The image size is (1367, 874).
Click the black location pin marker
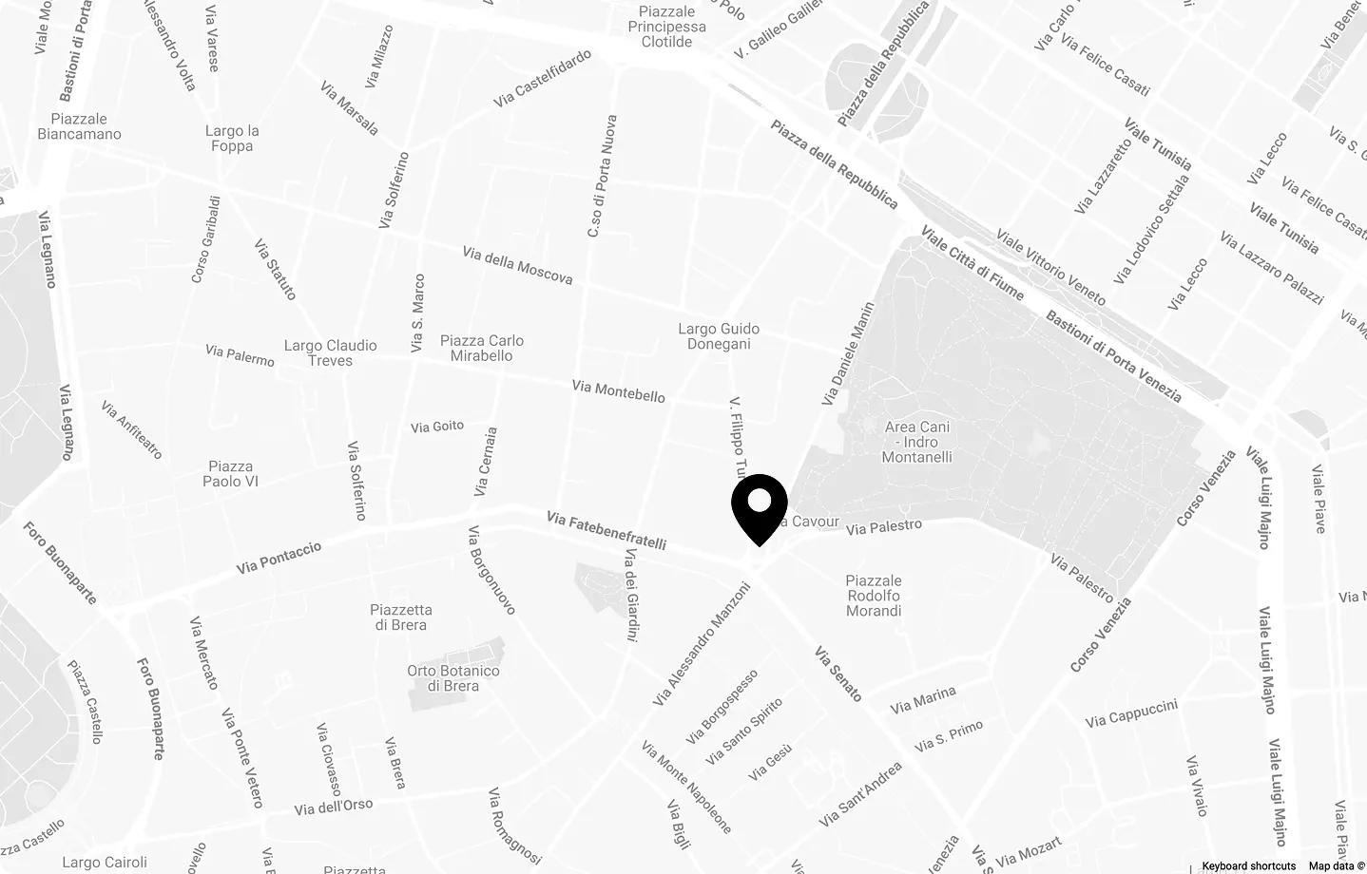click(760, 505)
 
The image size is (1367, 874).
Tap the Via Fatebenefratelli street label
click(606, 530)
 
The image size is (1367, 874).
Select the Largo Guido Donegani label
click(719, 336)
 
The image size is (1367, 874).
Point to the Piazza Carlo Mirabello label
click(482, 348)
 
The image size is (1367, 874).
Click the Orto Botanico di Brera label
click(453, 678)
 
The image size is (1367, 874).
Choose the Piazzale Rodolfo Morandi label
click(874, 596)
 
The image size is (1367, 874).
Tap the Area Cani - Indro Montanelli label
click(917, 442)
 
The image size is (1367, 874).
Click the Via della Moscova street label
click(517, 265)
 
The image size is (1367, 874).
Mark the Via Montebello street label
click(619, 390)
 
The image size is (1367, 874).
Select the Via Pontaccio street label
click(279, 558)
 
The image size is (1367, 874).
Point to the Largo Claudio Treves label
click(331, 352)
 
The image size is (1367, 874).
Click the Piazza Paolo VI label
click(230, 473)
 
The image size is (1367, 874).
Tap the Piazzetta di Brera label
click(401, 617)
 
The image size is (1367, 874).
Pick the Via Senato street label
click(838, 674)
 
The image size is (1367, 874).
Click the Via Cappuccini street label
click(1131, 713)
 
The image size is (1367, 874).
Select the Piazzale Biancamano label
click(79, 126)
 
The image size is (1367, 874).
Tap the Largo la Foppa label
click(232, 139)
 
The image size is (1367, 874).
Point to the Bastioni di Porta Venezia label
click(1113, 356)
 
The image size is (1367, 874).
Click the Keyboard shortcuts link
click(1248, 865)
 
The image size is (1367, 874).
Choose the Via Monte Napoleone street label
click(686, 788)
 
